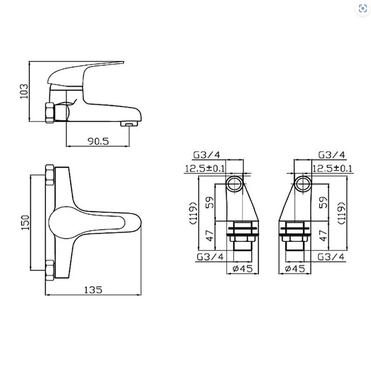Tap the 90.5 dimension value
coord(98,141)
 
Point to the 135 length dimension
coord(93,290)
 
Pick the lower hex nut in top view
coord(50,271)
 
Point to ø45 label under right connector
coord(295,269)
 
